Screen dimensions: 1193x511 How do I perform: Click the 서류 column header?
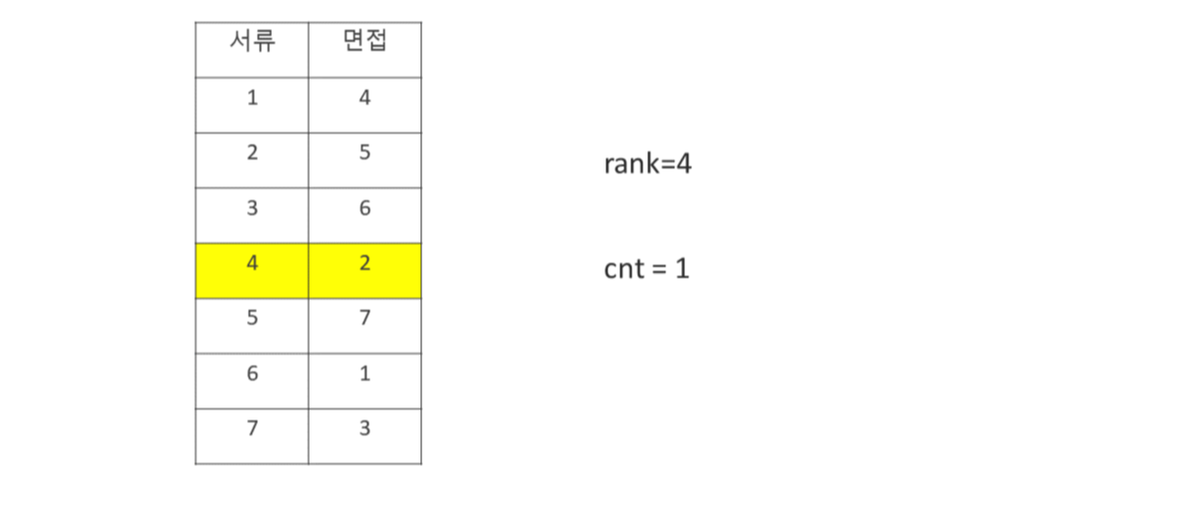tap(252, 44)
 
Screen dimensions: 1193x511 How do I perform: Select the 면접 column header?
tap(364, 44)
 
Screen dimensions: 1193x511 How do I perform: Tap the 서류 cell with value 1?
tap(252, 99)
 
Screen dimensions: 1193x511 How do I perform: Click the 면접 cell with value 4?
tap(364, 99)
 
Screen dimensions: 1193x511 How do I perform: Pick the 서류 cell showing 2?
tap(252, 154)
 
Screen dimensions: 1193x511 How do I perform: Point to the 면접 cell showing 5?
tap(364, 154)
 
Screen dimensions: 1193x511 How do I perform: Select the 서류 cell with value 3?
tap(252, 210)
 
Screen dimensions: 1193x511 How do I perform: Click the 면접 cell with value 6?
tap(364, 210)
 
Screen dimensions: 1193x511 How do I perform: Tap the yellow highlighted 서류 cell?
tap(252, 266)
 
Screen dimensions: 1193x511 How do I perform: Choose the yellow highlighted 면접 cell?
tap(364, 266)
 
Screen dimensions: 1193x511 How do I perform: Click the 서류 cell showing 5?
tap(252, 321)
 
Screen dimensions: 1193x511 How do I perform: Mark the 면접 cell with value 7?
tap(364, 321)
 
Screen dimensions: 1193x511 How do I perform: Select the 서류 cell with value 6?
tap(252, 376)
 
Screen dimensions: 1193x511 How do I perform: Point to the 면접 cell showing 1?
tap(364, 376)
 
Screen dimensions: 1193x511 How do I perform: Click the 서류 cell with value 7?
tap(252, 430)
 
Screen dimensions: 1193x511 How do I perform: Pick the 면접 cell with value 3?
tap(364, 430)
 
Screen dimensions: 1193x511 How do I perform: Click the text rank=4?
tap(647, 163)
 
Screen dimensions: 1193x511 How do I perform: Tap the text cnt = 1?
tap(646, 268)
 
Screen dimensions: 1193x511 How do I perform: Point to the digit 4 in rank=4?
tap(683, 163)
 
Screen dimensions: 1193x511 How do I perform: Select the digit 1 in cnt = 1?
tap(682, 268)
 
